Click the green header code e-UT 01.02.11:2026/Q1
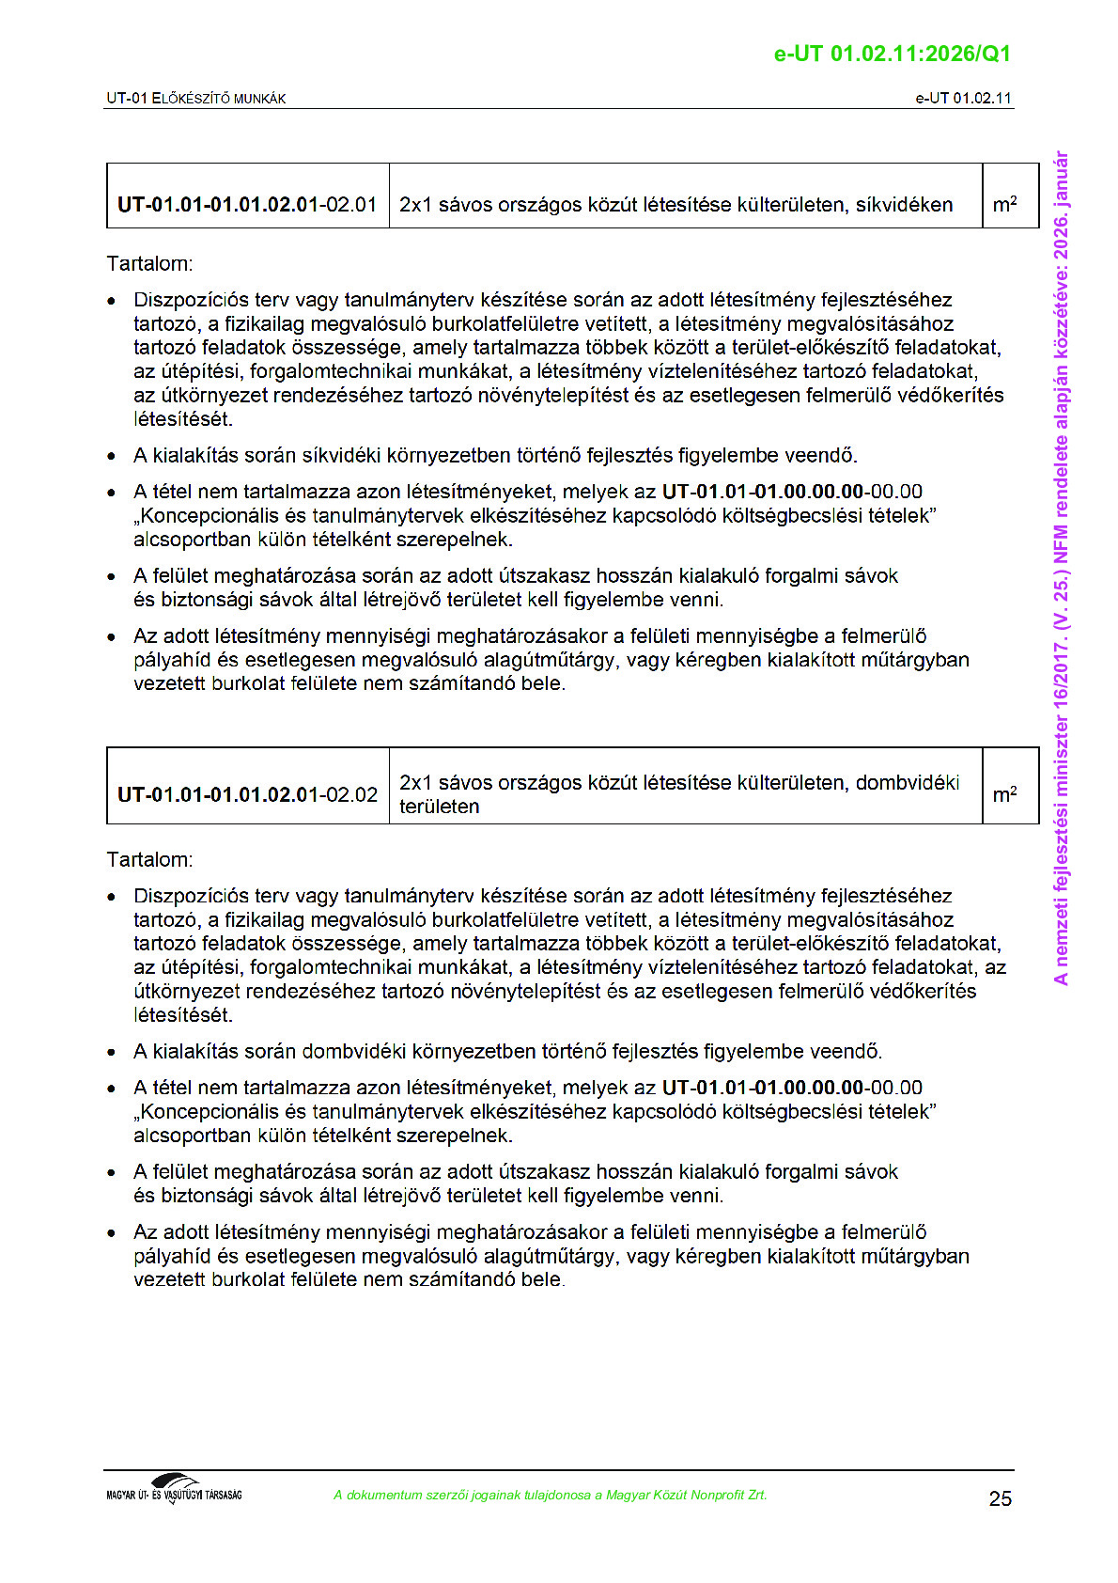pos(892,54)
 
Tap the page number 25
pos(1000,1498)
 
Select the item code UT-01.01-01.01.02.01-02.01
pos(247,205)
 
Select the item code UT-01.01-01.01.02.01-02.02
pos(247,794)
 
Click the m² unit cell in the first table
pos(1004,205)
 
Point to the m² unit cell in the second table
pos(1004,794)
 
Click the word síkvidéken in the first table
pos(904,205)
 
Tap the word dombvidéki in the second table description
pos(907,783)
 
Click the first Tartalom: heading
pos(149,264)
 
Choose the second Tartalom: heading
pos(149,860)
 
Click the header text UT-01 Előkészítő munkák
pos(196,98)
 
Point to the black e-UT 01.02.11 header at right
pos(963,98)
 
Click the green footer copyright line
pos(550,1495)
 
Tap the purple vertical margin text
pos(1061,568)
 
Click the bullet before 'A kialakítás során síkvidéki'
pos(112,457)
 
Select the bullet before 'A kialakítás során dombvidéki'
pos(112,1053)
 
